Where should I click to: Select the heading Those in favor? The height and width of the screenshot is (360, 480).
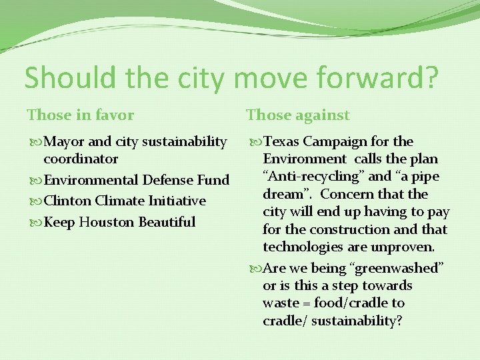point(80,115)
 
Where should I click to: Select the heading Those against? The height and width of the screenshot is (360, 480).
point(297,115)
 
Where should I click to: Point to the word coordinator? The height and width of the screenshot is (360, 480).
point(81,159)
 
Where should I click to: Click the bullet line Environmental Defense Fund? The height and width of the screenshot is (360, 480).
point(136,180)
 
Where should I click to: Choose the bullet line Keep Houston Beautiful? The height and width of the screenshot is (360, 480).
point(119,221)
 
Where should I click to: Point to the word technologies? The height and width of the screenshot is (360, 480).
point(300,247)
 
